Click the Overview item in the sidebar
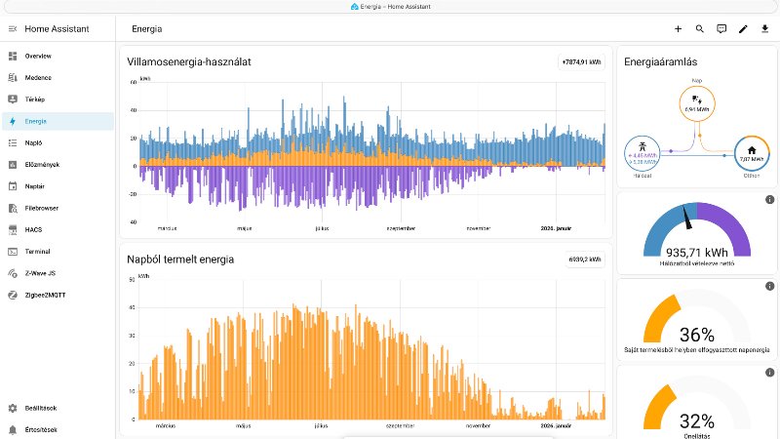[38, 56]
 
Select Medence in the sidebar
[38, 77]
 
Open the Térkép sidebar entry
[36, 100]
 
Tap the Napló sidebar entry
[35, 142]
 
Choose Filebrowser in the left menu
[44, 208]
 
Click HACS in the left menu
[34, 229]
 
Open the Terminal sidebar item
[39, 251]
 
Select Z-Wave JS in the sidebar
[41, 273]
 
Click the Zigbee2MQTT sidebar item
[46, 295]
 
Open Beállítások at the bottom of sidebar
[43, 408]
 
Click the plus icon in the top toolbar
[679, 29]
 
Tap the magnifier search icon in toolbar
[700, 29]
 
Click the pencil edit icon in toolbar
[743, 29]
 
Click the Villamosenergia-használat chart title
[189, 61]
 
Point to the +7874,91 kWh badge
[582, 61]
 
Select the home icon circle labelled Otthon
[752, 151]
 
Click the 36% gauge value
[694, 334]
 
